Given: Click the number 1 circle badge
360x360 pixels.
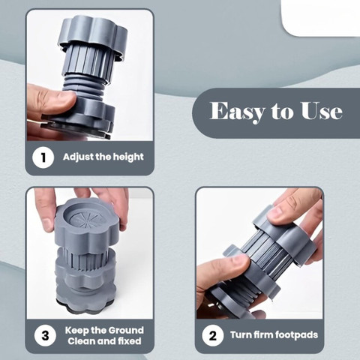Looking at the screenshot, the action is point(43,157).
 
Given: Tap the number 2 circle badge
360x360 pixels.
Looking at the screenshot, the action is point(213,335).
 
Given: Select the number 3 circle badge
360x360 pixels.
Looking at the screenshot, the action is point(45,335).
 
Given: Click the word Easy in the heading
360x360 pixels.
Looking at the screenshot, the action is point(237,111).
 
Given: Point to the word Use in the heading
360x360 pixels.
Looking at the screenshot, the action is point(322,110).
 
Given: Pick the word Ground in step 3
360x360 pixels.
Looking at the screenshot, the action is point(126,330).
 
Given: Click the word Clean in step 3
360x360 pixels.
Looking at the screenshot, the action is point(81,341).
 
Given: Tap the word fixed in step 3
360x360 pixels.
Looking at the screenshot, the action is point(130,341).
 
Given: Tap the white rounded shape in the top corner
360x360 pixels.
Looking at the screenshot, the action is point(320,17).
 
